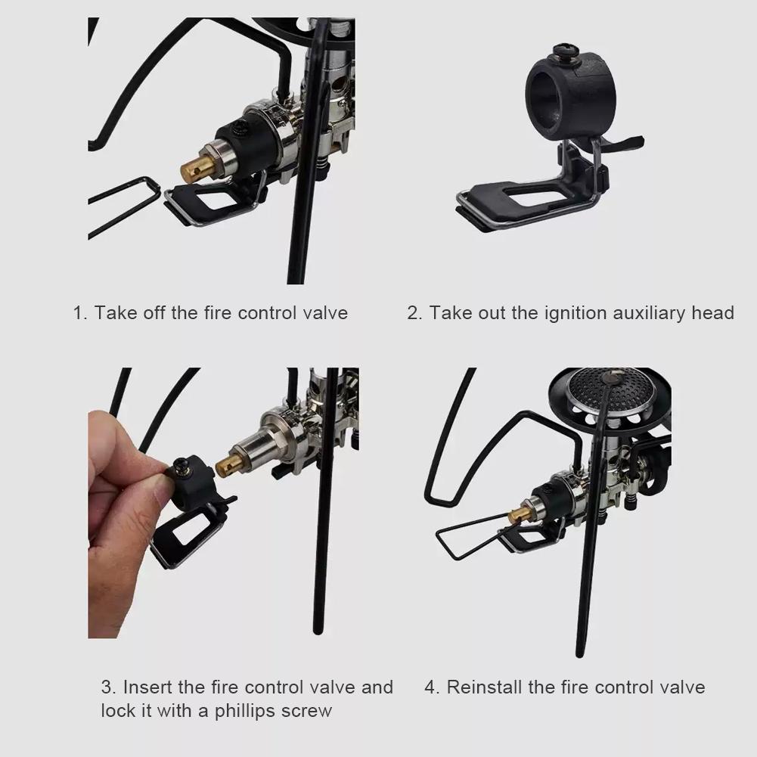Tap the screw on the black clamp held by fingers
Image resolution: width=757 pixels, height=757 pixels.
click(x=181, y=466)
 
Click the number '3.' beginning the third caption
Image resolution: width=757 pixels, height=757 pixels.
click(x=109, y=687)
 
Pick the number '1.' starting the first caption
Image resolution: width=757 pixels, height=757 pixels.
click(x=80, y=313)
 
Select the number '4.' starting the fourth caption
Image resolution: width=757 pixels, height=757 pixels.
click(x=432, y=687)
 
